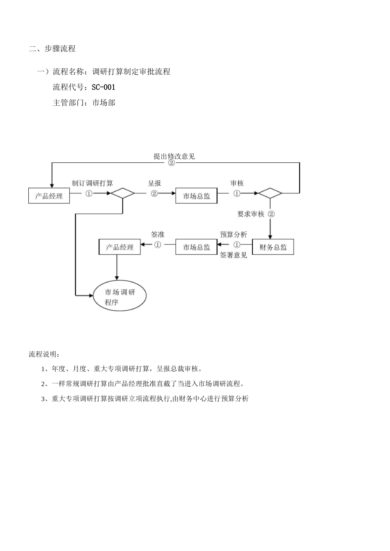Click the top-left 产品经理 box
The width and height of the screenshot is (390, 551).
coord(49,196)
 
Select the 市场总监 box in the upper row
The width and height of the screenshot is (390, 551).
coord(196,196)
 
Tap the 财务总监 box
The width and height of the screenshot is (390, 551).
coord(273,247)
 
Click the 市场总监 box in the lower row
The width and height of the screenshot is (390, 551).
coord(196,247)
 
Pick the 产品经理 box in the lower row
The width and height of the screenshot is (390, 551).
coord(119,247)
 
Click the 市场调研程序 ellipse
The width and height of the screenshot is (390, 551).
coord(119,297)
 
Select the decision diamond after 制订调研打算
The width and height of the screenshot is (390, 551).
coord(123,193)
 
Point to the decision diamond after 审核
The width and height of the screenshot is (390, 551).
coord(270,193)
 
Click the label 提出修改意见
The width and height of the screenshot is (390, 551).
coord(174,156)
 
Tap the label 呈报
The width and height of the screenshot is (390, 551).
coord(154,183)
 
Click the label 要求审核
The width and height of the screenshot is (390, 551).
coord(250,214)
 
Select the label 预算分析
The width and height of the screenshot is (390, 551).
coord(233,235)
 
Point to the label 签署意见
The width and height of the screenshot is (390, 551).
coord(233,255)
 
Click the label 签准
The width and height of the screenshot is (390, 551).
coord(158,235)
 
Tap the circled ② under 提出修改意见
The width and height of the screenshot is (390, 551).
coord(171,163)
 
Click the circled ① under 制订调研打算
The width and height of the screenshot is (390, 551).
coord(89,194)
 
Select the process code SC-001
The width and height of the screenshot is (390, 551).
coord(103,87)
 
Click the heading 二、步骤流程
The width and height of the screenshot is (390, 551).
coord(52,49)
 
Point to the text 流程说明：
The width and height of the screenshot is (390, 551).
coord(44,354)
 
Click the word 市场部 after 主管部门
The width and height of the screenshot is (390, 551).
coord(103,102)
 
